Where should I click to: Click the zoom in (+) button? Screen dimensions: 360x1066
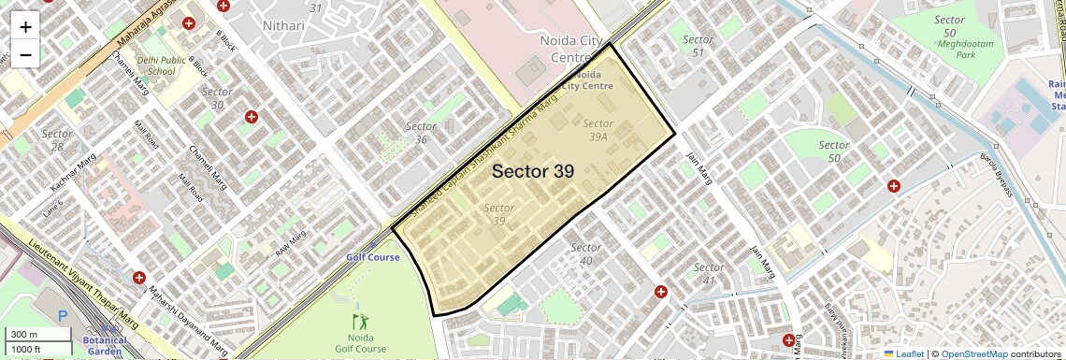pyautogui.click(x=25, y=26)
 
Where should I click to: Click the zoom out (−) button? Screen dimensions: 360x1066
pyautogui.click(x=25, y=54)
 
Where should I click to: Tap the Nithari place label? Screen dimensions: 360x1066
pyautogui.click(x=284, y=25)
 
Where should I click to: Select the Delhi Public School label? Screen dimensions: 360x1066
pyautogui.click(x=156, y=65)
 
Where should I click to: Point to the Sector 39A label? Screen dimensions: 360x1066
pyautogui.click(x=598, y=129)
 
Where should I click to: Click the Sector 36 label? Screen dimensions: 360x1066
pyautogui.click(x=422, y=133)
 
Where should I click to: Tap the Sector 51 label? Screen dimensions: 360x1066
pyautogui.click(x=698, y=46)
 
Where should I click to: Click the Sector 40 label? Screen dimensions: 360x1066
pyautogui.click(x=585, y=253)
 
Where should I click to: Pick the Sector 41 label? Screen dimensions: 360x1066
pyautogui.click(x=709, y=274)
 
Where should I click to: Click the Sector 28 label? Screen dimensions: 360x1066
pyautogui.click(x=57, y=140)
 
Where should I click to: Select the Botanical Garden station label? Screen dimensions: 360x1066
pyautogui.click(x=104, y=345)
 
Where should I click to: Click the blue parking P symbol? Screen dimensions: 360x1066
pyautogui.click(x=63, y=318)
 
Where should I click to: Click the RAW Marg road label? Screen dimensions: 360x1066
pyautogui.click(x=291, y=243)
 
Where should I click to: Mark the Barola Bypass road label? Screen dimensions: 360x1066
pyautogui.click(x=997, y=174)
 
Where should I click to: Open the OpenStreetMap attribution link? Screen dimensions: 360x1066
pyautogui.click(x=973, y=353)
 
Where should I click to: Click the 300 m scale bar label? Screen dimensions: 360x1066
pyautogui.click(x=24, y=335)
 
